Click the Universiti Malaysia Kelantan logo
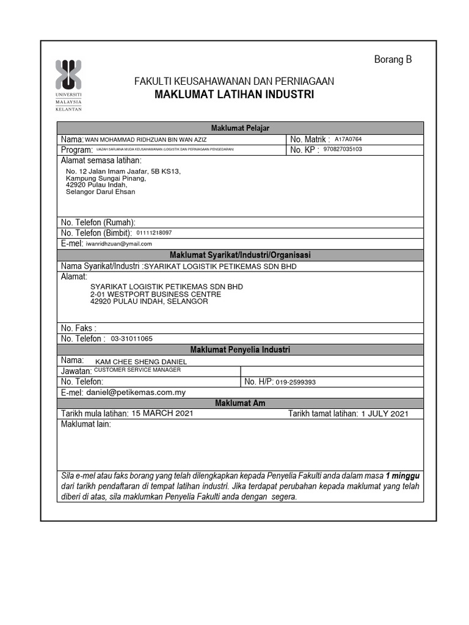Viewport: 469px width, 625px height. (68, 85)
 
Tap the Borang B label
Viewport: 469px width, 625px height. (393, 59)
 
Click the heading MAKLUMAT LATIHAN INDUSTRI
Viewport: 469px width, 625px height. (234, 95)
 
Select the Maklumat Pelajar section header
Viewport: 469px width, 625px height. (240, 128)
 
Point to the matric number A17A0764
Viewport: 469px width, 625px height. (348, 139)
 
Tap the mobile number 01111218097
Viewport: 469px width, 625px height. (154, 233)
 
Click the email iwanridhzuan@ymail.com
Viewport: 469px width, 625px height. (118, 244)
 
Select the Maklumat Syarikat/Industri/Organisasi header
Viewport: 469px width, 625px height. (240, 255)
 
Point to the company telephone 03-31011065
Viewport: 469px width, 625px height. (132, 338)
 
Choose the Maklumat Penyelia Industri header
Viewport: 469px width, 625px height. (240, 350)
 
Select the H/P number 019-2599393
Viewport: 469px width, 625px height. (296, 382)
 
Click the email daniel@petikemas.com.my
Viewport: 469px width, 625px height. (136, 392)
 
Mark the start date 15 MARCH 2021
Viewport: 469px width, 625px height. (162, 414)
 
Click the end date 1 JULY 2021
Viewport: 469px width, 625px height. (384, 414)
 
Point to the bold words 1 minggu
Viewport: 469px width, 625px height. (402, 475)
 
